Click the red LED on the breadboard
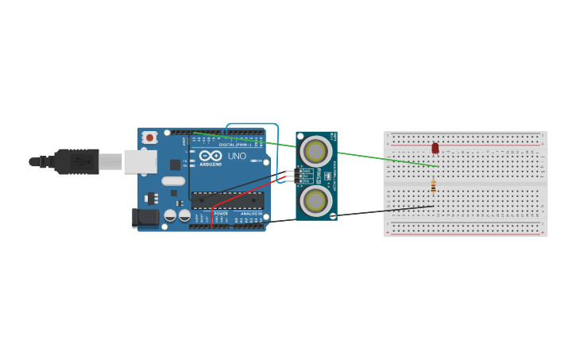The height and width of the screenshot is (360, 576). click(x=435, y=148)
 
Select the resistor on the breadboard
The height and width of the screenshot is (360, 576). click(x=433, y=187)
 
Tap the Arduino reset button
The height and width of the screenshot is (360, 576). click(x=149, y=137)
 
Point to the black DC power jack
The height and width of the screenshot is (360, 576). click(x=145, y=217)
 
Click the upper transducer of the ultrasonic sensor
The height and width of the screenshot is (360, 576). click(x=315, y=151)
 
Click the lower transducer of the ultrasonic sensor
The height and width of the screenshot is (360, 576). click(x=315, y=199)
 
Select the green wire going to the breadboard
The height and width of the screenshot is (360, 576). click(x=381, y=158)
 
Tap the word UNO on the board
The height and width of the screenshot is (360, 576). click(x=237, y=156)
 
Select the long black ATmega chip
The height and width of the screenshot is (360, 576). click(x=227, y=200)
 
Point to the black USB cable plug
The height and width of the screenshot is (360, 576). click(x=76, y=161)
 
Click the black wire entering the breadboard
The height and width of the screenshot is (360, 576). click(x=358, y=213)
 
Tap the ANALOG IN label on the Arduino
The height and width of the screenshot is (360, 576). click(x=251, y=214)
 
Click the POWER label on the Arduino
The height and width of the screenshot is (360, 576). click(x=221, y=214)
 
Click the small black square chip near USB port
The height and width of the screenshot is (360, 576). click(x=175, y=165)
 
